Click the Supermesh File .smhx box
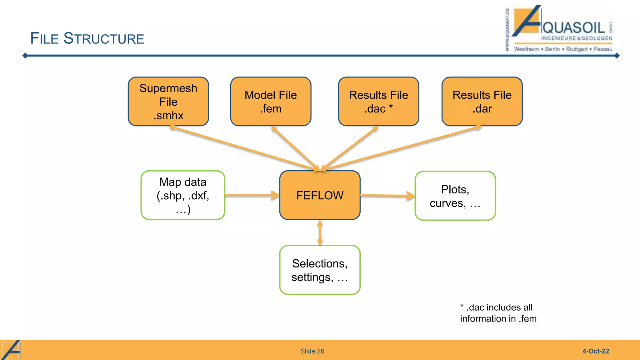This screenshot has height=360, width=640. [x=168, y=102]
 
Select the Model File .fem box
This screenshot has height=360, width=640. [x=271, y=102]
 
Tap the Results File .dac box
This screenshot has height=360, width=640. [x=378, y=102]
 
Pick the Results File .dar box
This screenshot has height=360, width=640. [x=482, y=102]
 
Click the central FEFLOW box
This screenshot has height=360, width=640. [x=320, y=195]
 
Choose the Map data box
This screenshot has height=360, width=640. [x=183, y=195]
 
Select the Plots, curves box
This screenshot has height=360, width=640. [x=455, y=196]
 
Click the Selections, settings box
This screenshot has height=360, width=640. [x=320, y=270]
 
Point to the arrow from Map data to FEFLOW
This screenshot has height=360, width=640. [x=252, y=196]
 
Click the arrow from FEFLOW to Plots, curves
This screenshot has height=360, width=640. [x=387, y=196]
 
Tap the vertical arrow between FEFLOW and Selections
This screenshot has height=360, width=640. [x=320, y=232]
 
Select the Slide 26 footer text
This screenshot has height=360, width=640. [x=312, y=351]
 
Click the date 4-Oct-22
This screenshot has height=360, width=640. [x=596, y=351]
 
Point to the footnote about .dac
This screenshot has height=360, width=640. [x=498, y=313]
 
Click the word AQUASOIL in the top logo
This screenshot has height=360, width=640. [x=574, y=28]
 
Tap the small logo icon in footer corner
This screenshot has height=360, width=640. [x=11, y=350]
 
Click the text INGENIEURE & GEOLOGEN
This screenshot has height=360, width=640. [x=577, y=38]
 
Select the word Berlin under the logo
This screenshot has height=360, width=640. [x=552, y=49]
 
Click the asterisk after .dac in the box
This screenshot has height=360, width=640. [x=391, y=107]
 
